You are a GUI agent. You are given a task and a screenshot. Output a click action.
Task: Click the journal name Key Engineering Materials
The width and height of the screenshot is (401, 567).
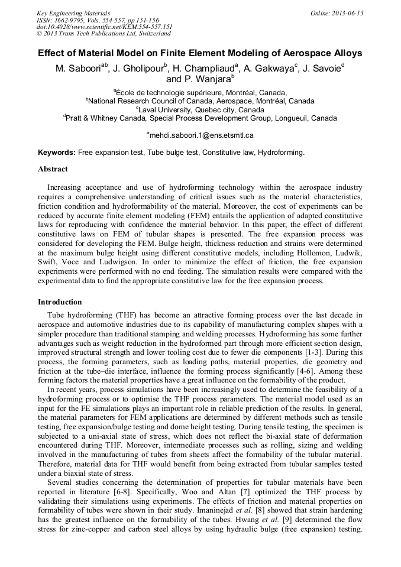click(x=73, y=12)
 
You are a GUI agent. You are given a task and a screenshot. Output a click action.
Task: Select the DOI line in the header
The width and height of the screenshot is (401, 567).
click(x=104, y=26)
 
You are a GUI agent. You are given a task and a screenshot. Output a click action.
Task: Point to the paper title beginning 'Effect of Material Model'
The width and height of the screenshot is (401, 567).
click(x=200, y=53)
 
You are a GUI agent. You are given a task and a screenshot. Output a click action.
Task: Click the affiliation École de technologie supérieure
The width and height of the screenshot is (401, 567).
click(x=201, y=93)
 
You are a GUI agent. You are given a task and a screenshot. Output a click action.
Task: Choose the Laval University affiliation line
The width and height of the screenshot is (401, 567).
click(x=200, y=109)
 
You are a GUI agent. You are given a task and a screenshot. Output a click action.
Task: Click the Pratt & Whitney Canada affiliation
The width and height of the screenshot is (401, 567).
click(x=200, y=118)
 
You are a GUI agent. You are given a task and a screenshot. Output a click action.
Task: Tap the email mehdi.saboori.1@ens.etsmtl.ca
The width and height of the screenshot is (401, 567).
click(x=201, y=135)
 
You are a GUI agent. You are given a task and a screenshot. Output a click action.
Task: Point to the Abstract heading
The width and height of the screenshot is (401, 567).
click(x=53, y=169)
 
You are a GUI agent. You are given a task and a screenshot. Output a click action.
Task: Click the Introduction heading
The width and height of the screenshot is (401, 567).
click(x=60, y=302)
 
